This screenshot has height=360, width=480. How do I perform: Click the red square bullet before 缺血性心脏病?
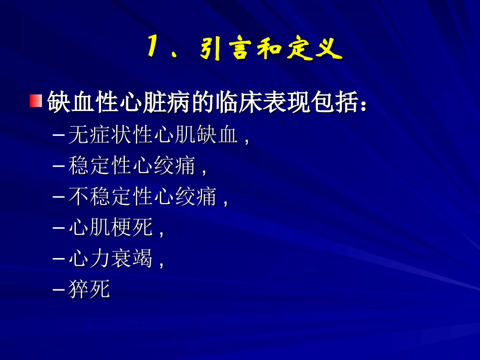tap(35, 101)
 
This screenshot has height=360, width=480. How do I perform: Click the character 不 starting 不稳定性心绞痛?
tap(78, 196)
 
